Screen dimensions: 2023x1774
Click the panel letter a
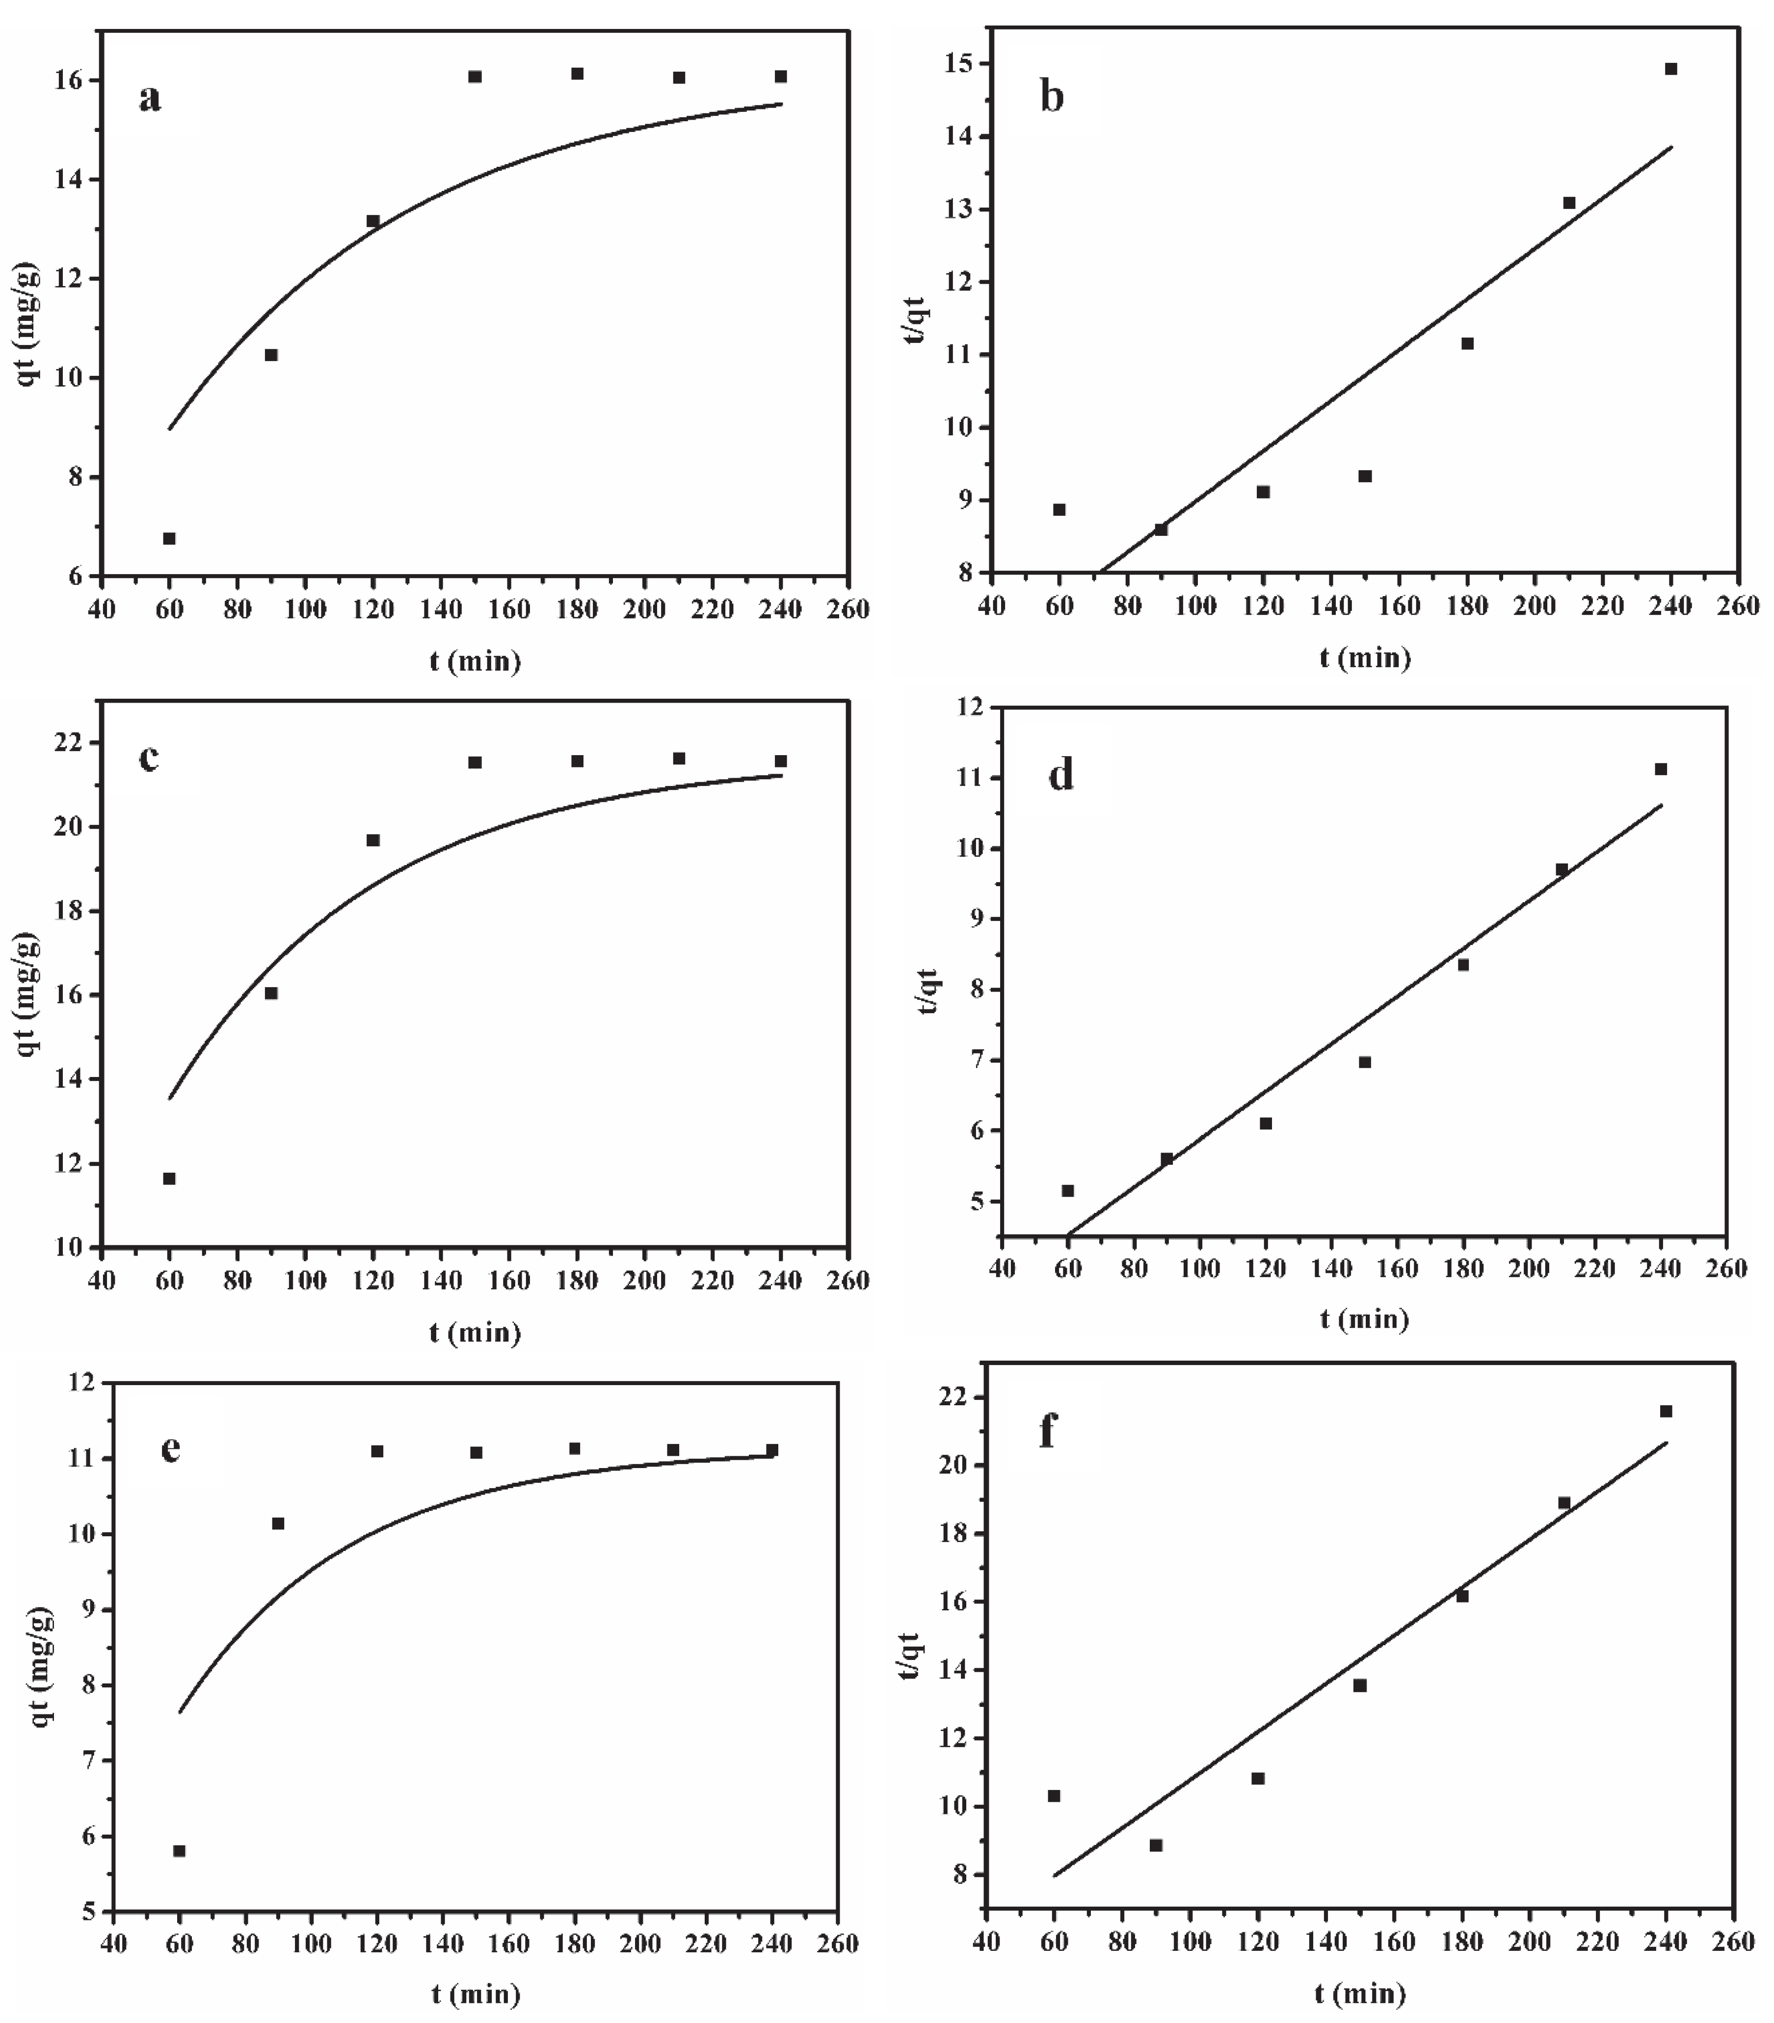click(150, 98)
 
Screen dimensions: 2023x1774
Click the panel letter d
click(1060, 775)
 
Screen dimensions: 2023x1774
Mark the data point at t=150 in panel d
click(1364, 1062)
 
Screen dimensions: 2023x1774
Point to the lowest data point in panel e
click(179, 1851)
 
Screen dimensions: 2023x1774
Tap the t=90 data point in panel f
click(1155, 1845)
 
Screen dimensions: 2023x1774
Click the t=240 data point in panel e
click(772, 1450)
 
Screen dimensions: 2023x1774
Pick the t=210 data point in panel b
click(1569, 203)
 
